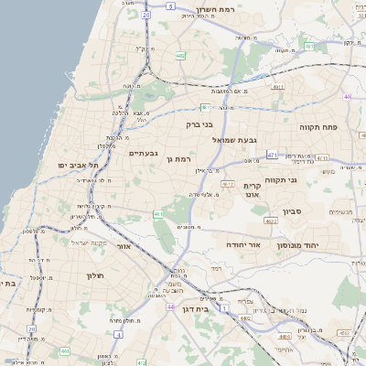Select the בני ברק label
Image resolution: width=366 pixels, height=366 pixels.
tap(199, 124)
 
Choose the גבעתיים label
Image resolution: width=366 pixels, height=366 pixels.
tap(144, 153)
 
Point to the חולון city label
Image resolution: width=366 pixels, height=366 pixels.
tap(93, 274)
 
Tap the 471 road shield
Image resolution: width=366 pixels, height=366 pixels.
tap(273, 156)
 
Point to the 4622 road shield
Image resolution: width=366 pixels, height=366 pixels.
tap(270, 221)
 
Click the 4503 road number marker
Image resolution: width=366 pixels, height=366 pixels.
tap(245, 318)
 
